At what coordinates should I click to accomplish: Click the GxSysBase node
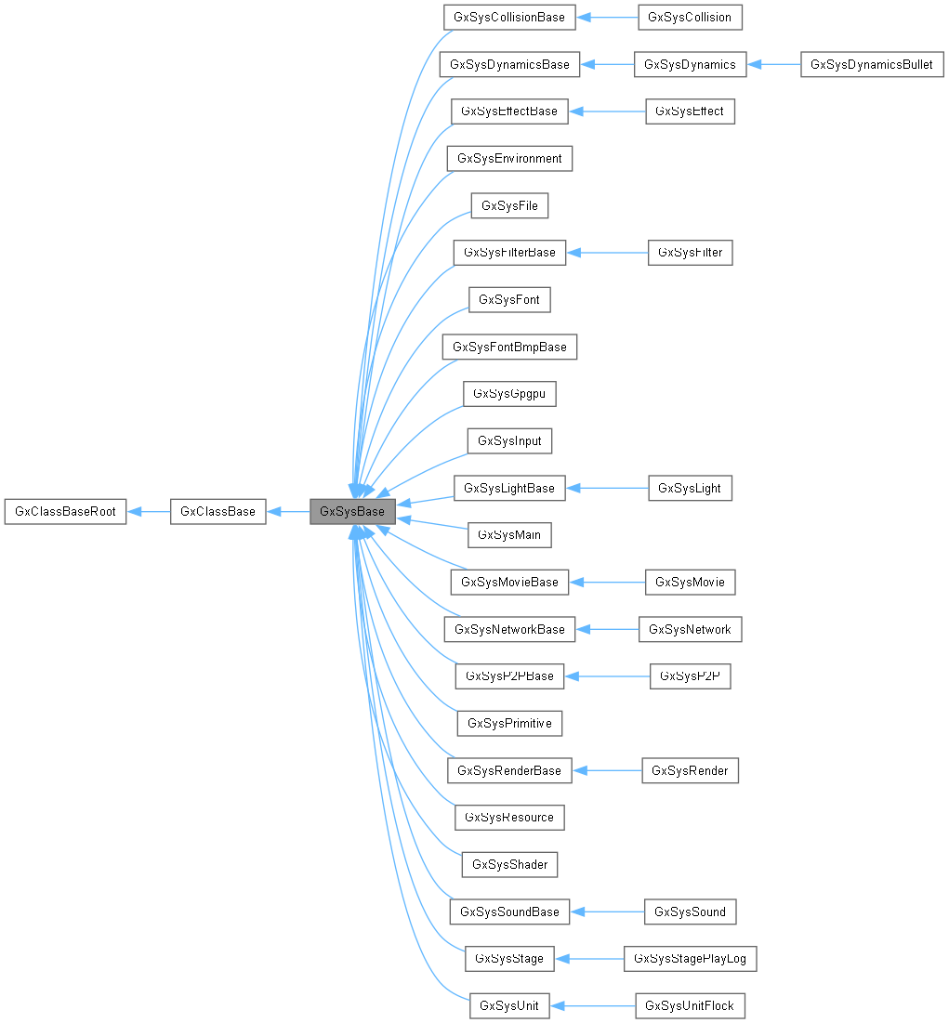tap(353, 511)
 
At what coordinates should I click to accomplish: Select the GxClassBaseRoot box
tap(65, 511)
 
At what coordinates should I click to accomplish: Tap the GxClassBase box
tap(218, 511)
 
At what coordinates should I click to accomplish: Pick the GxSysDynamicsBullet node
tap(872, 64)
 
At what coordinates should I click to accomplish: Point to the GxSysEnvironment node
tap(509, 158)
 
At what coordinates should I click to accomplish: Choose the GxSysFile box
tap(509, 205)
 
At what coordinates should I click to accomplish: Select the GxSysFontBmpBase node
tap(509, 347)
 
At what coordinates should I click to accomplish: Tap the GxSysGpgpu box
tap(509, 394)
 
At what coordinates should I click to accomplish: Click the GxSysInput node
tap(509, 440)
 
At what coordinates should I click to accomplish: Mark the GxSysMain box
tap(509, 535)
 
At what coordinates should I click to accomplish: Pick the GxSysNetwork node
tap(690, 629)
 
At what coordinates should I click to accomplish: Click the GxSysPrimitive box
tap(509, 723)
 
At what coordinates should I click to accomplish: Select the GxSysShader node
tap(509, 864)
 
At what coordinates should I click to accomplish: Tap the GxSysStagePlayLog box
tap(691, 958)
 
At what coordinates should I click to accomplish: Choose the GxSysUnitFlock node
tap(690, 1005)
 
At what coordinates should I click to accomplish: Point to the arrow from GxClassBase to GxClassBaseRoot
tap(148, 511)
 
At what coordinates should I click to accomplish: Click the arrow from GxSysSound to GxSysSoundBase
tap(607, 912)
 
